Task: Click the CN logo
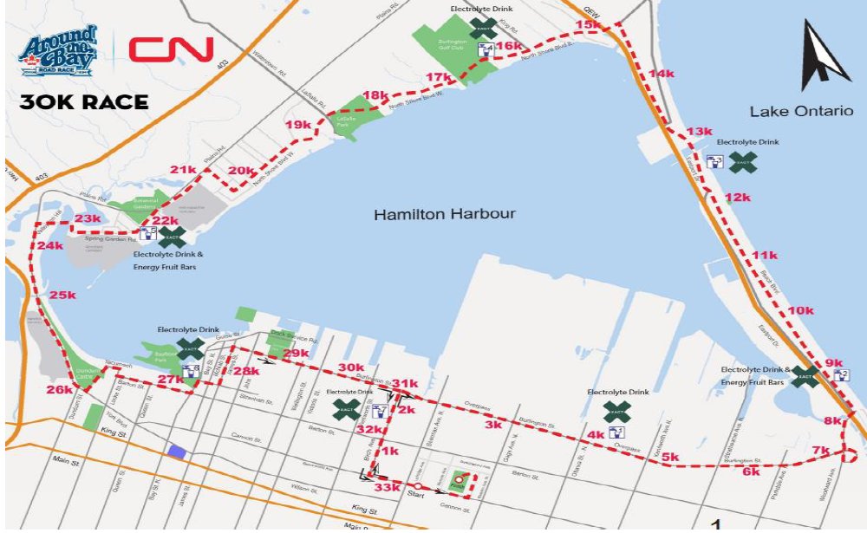[171, 49]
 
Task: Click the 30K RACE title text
[83, 102]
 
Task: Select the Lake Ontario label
[794, 112]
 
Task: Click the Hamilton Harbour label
[445, 214]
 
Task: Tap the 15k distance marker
[588, 25]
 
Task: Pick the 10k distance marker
[801, 310]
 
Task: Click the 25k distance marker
[62, 295]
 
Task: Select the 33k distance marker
[387, 488]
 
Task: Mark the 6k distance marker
[751, 471]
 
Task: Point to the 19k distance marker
[297, 126]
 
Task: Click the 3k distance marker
[493, 425]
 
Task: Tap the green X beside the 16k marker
[484, 27]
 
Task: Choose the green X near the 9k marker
[805, 376]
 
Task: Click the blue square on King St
[177, 450]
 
